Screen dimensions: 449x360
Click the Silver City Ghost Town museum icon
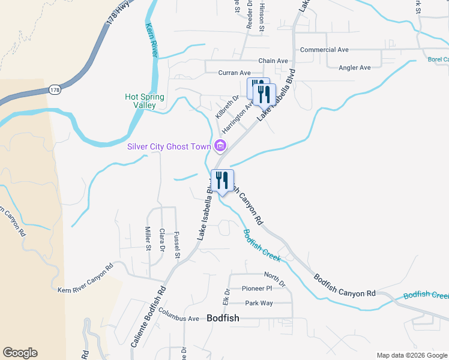pos(220,145)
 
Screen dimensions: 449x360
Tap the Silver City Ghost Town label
pos(169,146)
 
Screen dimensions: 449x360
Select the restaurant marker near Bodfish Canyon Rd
pos(222,181)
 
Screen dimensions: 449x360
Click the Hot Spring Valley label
pos(145,101)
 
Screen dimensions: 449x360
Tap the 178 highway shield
pos(55,89)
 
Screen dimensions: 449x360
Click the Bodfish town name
pos(223,319)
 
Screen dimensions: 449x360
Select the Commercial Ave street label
pos(324,50)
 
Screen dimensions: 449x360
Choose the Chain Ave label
pos(273,61)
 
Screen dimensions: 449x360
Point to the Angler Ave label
pos(355,68)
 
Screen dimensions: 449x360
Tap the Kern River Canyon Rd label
pos(85,279)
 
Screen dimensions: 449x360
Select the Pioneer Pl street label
pos(257,289)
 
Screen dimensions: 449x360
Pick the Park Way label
pos(258,303)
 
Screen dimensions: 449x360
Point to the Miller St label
pos(148,238)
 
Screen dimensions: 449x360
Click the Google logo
pos(20,353)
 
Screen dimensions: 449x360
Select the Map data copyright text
pos(412,355)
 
